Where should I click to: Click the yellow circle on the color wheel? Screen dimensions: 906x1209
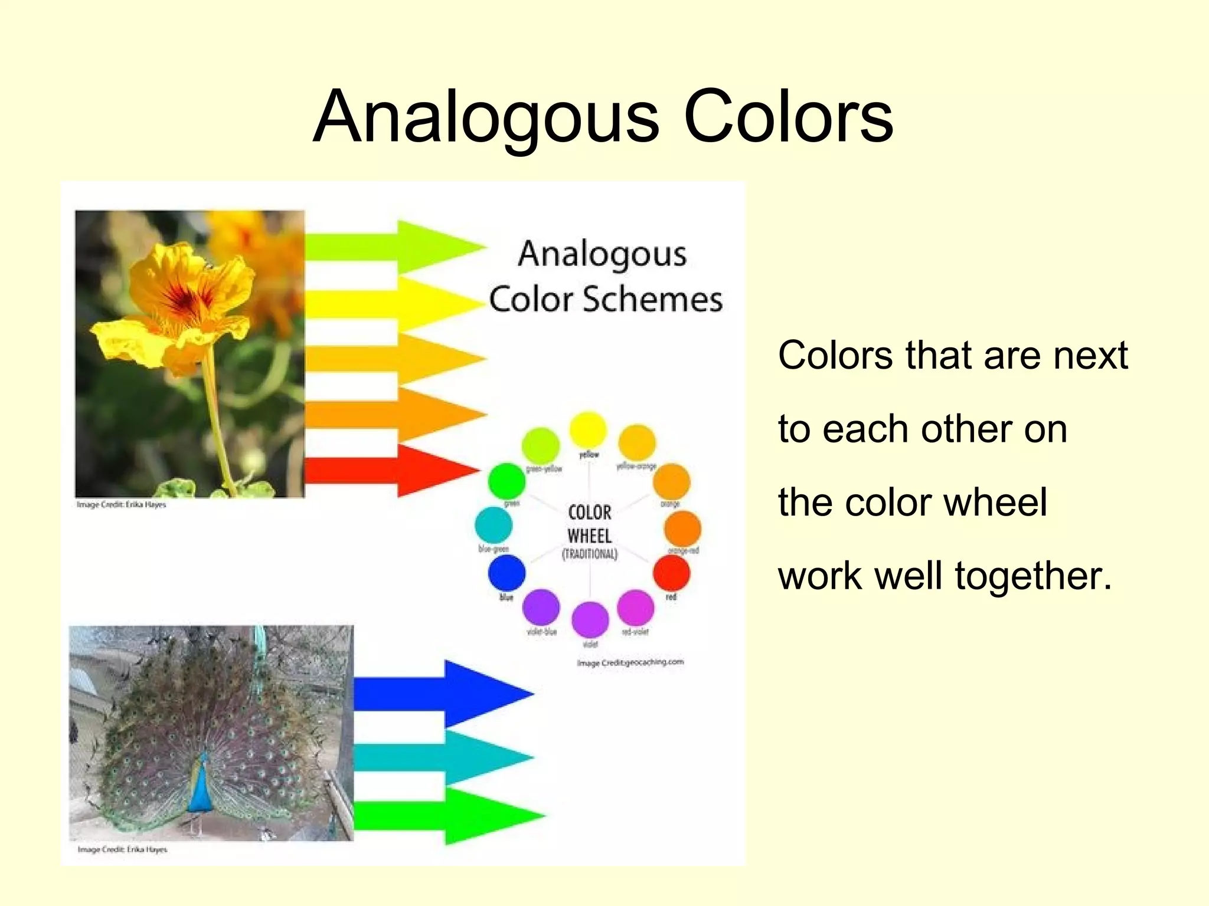[587, 429]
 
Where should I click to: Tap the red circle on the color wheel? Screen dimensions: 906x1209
[671, 572]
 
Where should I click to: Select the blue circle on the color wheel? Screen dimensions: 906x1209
[507, 572]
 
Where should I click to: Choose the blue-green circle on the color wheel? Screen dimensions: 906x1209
[493, 524]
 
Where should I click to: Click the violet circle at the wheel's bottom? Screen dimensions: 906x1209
[590, 619]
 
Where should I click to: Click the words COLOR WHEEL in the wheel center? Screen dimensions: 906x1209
[590, 524]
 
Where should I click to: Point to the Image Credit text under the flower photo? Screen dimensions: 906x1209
[121, 505]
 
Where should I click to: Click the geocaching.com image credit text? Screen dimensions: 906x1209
[630, 662]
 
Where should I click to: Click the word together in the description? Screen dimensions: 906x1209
[1033, 576]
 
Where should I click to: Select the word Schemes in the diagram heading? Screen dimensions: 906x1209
[652, 299]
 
